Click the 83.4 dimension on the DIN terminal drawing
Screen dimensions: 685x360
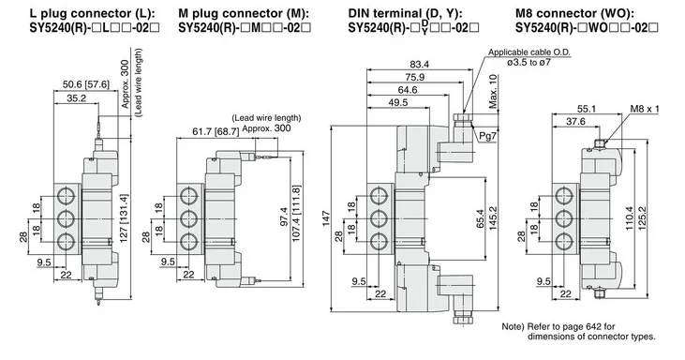(x=420, y=65)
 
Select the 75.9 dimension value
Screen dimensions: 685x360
(x=414, y=77)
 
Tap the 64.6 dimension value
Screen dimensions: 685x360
(x=408, y=90)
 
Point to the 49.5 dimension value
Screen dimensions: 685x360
(x=398, y=103)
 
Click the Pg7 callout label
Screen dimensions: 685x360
(x=487, y=136)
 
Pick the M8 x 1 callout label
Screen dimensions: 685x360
(x=645, y=109)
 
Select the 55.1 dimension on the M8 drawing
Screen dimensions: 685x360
(x=587, y=109)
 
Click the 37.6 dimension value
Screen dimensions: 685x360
(x=575, y=122)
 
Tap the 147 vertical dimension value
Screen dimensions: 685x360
(x=326, y=218)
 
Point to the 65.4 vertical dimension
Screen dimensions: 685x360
(x=480, y=218)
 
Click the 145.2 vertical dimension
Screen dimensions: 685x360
(x=493, y=218)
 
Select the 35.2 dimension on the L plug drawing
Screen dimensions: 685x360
(x=77, y=98)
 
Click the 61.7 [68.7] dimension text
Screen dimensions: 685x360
(x=216, y=131)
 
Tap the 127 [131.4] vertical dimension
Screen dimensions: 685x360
(x=124, y=218)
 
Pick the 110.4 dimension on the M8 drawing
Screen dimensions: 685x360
(x=630, y=218)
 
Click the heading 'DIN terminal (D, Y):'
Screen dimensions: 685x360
(x=406, y=13)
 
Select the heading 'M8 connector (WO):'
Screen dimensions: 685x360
(x=575, y=13)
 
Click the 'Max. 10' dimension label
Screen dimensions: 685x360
(x=493, y=91)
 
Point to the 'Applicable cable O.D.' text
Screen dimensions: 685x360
(x=529, y=52)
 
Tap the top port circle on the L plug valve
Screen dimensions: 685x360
(x=66, y=195)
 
